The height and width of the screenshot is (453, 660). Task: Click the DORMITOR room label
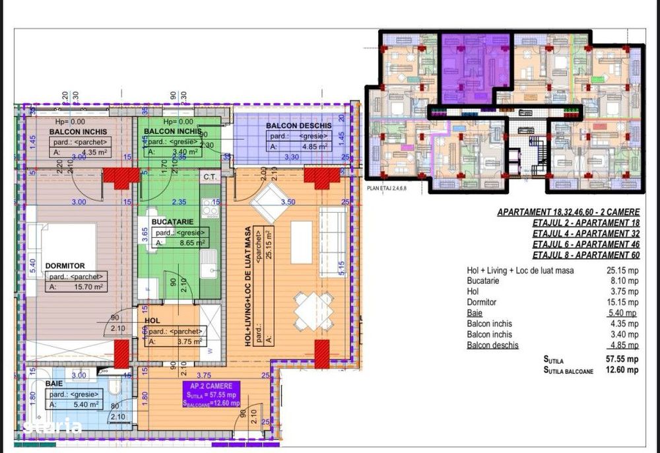[65, 265]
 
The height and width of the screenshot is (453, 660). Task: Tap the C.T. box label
[211, 176]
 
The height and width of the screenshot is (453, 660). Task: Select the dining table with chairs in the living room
[313, 310]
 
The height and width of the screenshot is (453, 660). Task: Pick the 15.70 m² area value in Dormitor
[88, 287]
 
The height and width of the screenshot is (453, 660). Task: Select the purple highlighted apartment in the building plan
[475, 66]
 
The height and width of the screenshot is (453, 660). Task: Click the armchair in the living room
[267, 201]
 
